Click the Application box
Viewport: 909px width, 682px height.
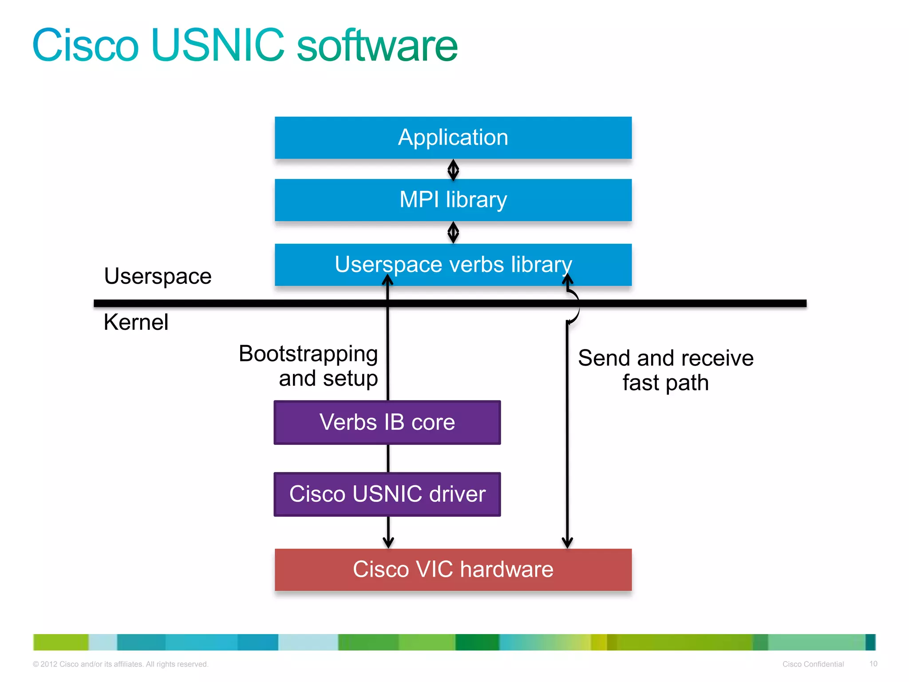click(453, 138)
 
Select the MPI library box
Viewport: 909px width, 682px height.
click(453, 200)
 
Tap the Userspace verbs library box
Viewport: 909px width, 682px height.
click(453, 265)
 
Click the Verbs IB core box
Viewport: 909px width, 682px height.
click(387, 422)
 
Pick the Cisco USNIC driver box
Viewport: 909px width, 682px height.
click(387, 494)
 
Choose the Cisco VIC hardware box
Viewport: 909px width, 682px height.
click(453, 570)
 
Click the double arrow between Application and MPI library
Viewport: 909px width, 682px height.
click(453, 170)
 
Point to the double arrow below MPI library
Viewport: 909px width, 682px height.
click(453, 232)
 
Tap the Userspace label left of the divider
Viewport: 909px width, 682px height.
click(158, 276)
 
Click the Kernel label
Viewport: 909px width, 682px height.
click(136, 322)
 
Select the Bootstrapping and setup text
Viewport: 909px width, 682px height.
click(308, 366)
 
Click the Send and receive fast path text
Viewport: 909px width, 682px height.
click(665, 370)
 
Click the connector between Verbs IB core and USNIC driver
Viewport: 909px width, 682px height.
click(388, 458)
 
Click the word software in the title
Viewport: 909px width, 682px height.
click(377, 45)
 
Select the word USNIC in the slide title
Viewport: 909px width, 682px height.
click(217, 45)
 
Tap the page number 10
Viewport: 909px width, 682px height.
click(873, 664)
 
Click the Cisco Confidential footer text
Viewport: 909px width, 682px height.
click(813, 664)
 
